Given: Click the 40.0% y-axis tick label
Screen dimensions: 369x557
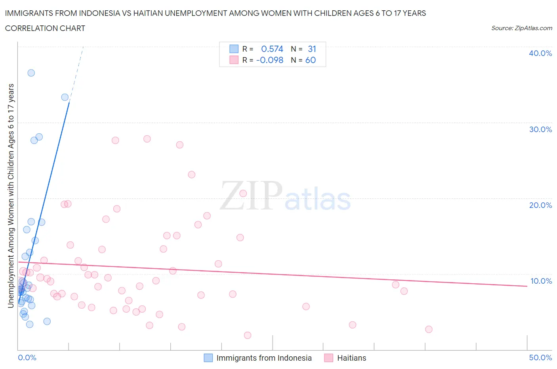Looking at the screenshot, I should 540,53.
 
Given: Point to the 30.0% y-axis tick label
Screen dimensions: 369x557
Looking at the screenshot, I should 540,129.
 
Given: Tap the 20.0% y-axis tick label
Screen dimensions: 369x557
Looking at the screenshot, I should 540,205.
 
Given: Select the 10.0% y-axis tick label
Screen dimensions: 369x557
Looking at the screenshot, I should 541,281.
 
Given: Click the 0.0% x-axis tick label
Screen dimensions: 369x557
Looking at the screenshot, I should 27,357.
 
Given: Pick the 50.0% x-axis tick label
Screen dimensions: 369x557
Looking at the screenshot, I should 540,357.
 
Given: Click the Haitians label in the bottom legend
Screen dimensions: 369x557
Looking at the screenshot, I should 351,358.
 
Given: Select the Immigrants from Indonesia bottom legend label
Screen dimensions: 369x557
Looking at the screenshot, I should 264,358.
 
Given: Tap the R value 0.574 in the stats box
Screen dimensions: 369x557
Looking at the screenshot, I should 272,49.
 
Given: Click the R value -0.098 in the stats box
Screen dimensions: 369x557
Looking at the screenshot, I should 270,60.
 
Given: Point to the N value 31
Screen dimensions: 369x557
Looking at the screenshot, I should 312,49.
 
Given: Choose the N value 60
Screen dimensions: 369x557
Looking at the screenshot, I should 311,60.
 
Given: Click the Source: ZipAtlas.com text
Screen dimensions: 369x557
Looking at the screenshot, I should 521,28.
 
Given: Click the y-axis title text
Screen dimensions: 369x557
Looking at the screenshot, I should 11,196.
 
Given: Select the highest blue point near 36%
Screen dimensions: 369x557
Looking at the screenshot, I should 31,73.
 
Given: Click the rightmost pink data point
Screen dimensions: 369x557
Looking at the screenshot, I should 428,329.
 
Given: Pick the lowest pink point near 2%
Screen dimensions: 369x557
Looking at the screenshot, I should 248,335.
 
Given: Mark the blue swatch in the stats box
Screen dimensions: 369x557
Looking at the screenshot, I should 234,49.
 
